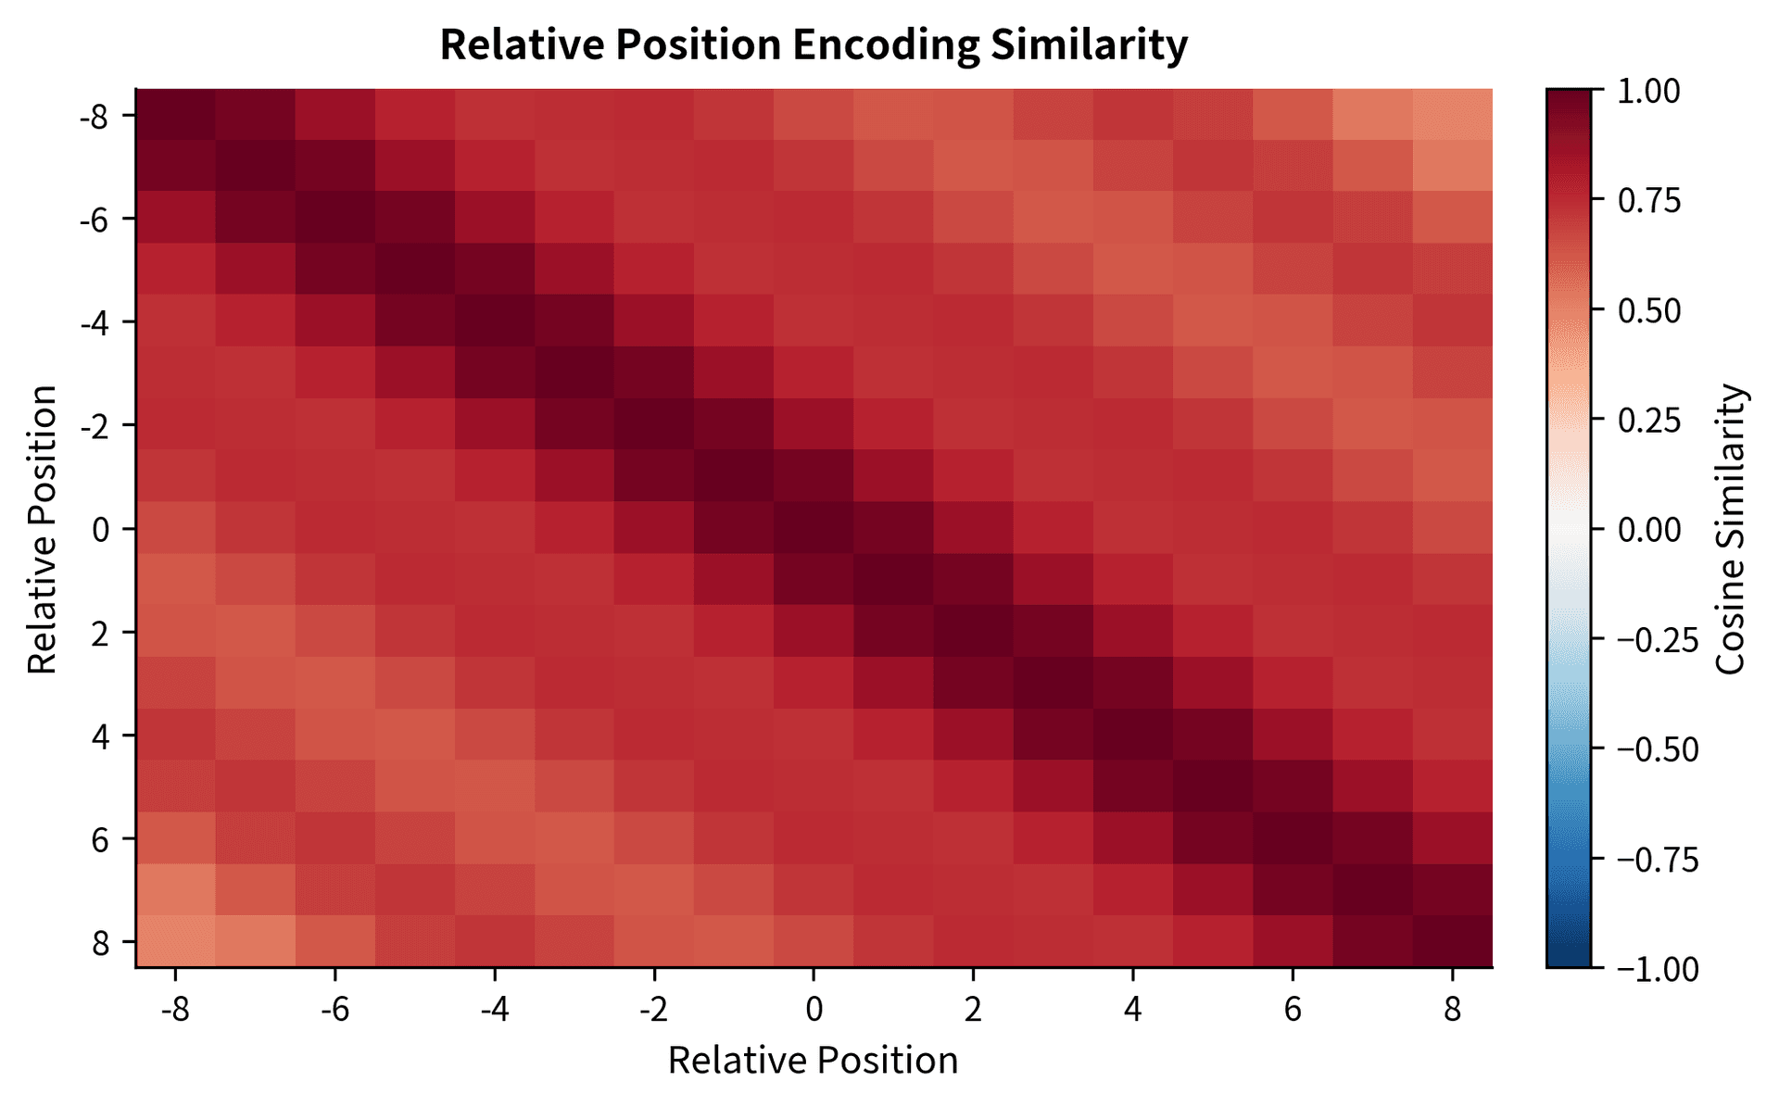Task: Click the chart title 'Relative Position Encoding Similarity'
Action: [x=813, y=44]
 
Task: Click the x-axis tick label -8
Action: [x=175, y=1009]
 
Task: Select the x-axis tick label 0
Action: [x=814, y=1009]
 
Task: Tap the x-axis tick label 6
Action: [x=1293, y=1009]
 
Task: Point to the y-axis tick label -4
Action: [x=96, y=322]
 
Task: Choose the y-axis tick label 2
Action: [x=101, y=633]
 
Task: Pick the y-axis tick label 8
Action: [x=101, y=943]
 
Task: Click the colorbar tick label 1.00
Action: [x=1648, y=92]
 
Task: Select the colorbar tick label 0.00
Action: [x=1648, y=530]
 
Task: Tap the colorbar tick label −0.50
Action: [x=1658, y=749]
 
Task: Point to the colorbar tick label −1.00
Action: [x=1658, y=969]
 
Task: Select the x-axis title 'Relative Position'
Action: [x=813, y=1061]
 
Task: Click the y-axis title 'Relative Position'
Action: [x=43, y=530]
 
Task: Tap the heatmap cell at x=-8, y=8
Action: [x=176, y=942]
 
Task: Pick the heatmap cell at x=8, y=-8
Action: [x=1453, y=115]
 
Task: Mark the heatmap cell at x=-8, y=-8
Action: [x=176, y=115]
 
